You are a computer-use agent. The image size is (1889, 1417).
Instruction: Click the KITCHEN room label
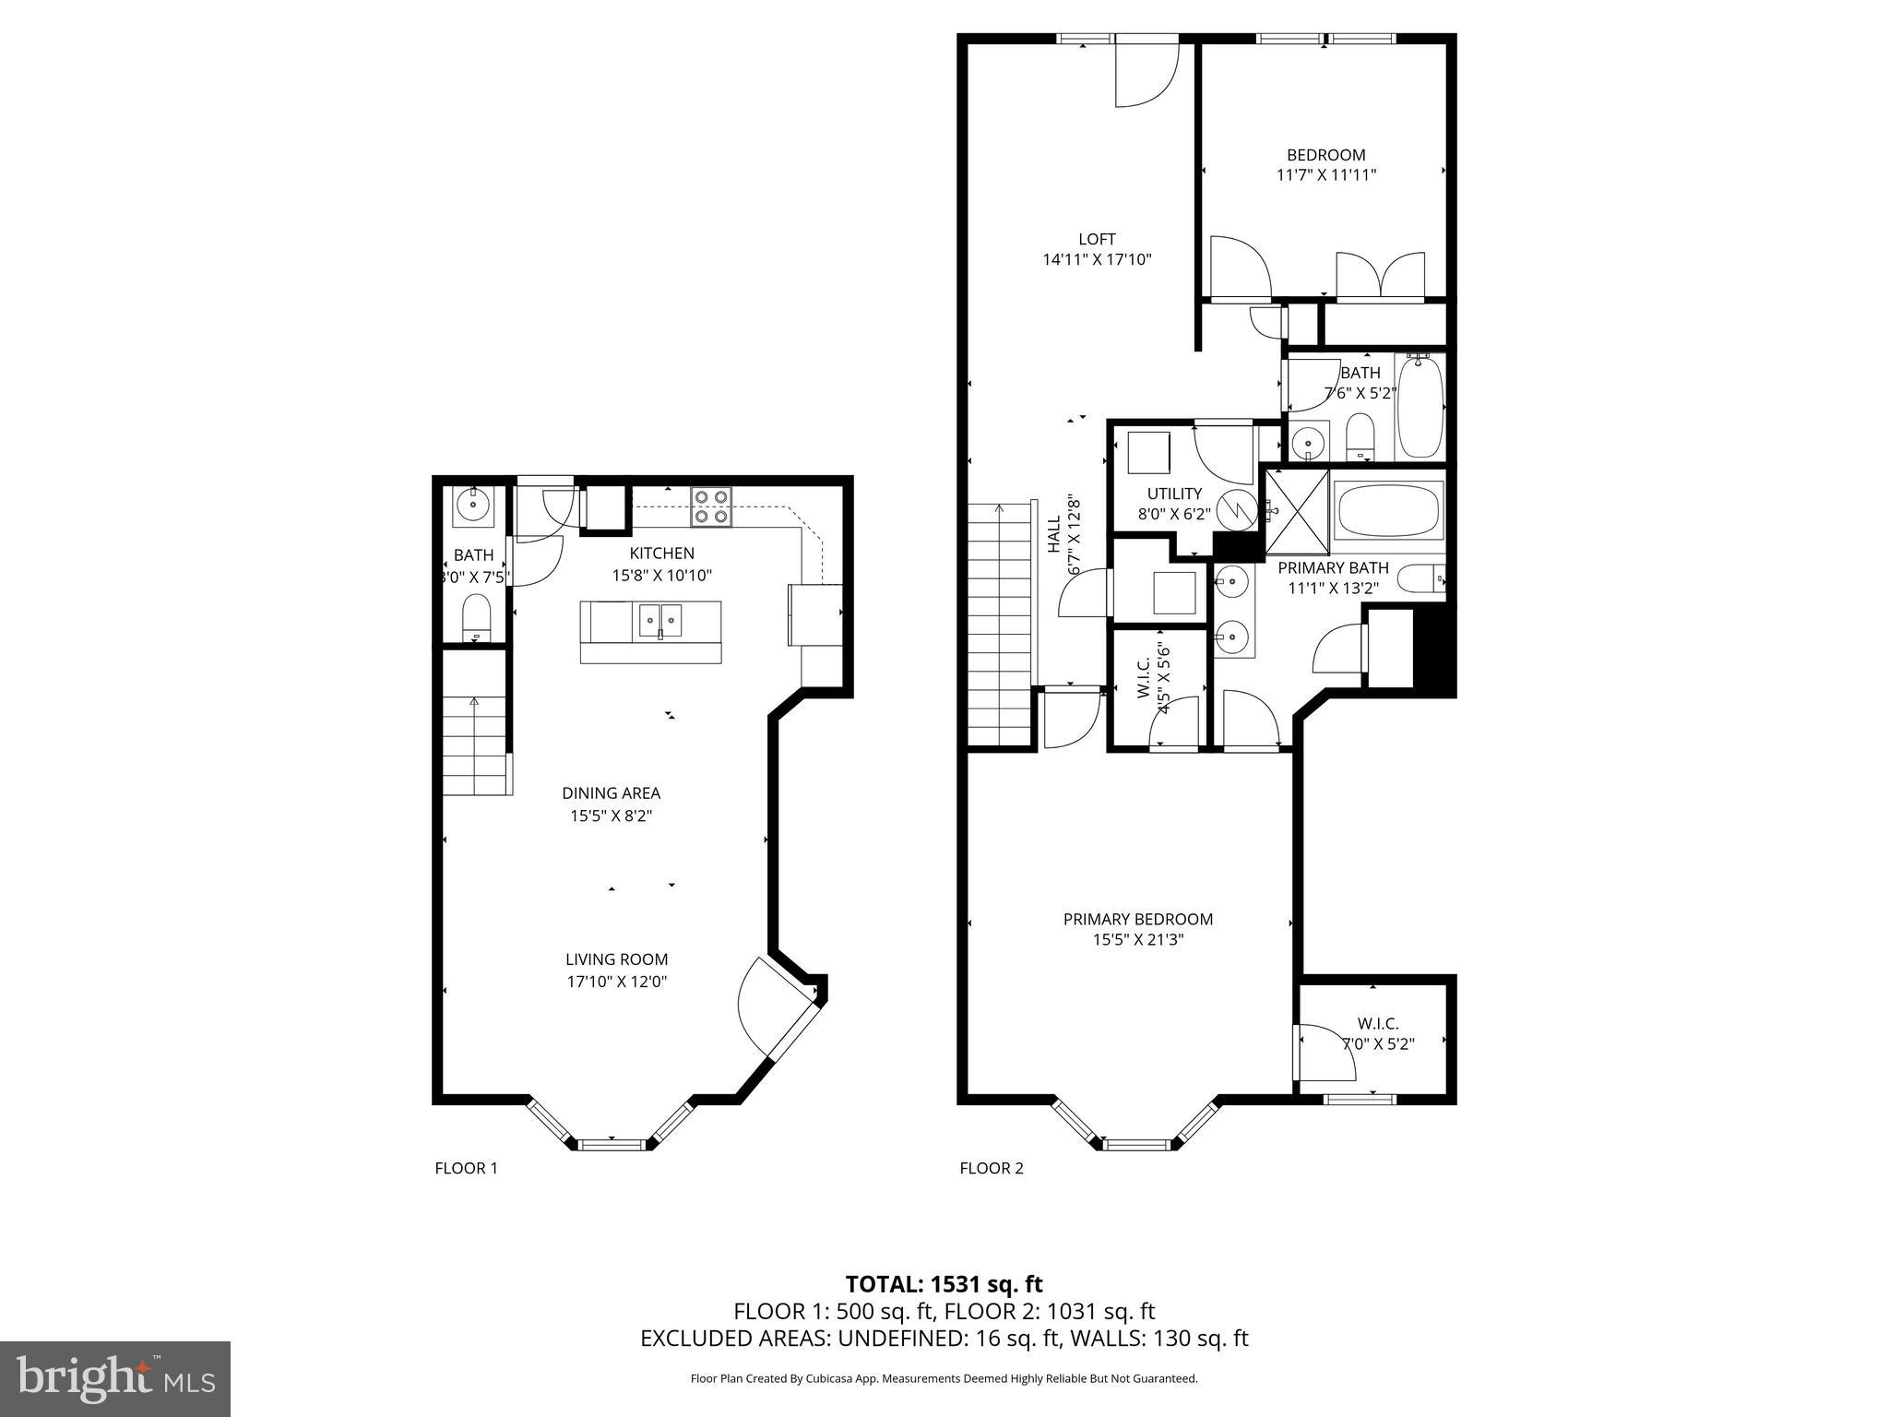661,554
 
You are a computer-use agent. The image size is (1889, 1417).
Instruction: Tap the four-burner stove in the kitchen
710,506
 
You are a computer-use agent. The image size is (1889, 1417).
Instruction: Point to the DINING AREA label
611,793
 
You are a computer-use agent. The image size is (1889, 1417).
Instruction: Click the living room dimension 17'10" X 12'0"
616,982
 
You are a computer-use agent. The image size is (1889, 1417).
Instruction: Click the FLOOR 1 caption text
466,1168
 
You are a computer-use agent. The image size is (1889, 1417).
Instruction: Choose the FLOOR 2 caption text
992,1168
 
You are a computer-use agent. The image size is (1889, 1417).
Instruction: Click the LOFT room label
1097,239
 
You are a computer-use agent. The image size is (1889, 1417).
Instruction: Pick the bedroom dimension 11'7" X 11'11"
1326,174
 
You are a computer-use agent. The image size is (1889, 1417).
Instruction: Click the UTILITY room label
1174,494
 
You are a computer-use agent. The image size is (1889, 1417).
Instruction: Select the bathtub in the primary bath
1388,511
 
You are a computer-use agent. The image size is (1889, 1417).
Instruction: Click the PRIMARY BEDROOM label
1137,919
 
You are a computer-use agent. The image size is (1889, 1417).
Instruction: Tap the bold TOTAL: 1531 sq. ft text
944,1283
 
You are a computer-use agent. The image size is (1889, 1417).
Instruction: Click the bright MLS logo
115,1378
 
